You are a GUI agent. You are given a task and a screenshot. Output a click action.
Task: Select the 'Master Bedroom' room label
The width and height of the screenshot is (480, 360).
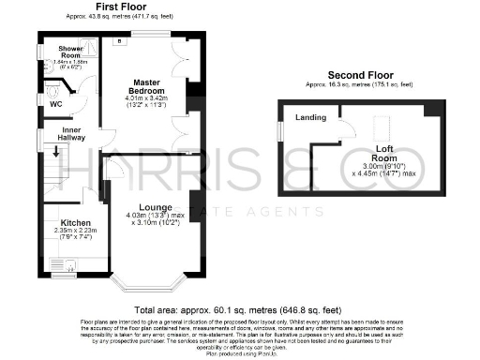click(146, 87)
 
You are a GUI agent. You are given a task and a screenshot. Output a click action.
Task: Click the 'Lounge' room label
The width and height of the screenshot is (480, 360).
click(153, 205)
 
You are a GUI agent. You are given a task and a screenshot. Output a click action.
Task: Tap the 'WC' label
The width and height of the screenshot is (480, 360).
click(55, 104)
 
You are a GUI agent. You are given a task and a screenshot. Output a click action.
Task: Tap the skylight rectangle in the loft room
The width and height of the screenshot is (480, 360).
click(382, 127)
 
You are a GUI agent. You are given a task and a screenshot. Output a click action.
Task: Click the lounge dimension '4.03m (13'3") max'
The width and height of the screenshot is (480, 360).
click(152, 217)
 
